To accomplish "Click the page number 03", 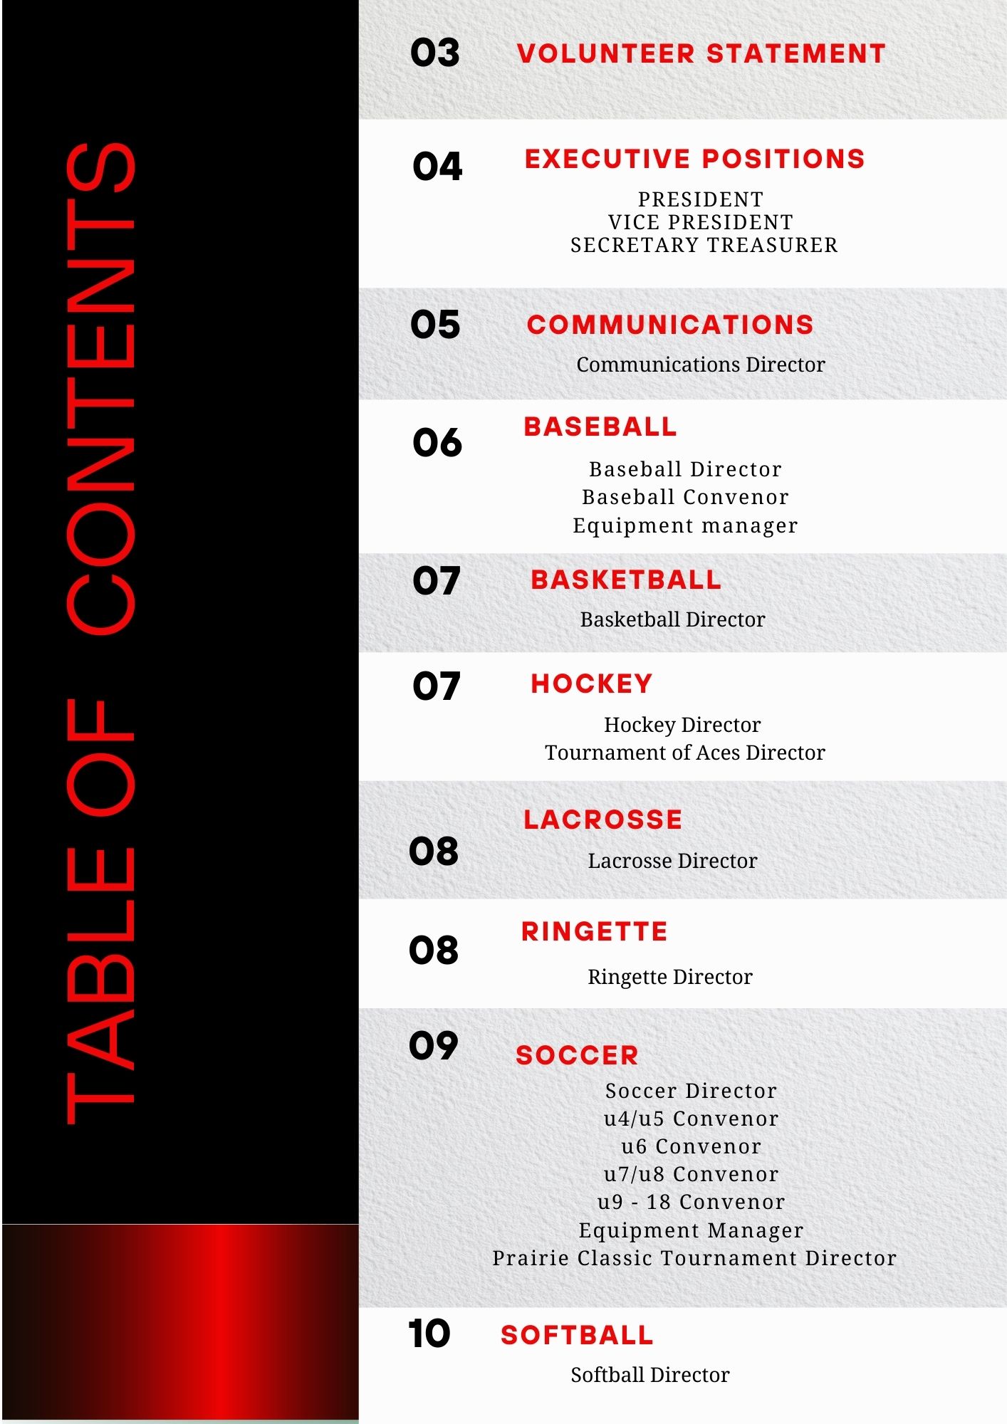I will (434, 53).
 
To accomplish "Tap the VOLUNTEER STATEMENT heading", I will (701, 54).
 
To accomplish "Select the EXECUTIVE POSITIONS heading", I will (694, 159).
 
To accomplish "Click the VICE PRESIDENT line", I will (700, 222).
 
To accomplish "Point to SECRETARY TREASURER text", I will (704, 245).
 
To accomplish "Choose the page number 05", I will (435, 325).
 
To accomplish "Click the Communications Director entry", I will (700, 365).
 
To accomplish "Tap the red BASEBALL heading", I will (600, 426).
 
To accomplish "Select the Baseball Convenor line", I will (685, 497).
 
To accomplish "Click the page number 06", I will (437, 443).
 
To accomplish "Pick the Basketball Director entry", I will (672, 619).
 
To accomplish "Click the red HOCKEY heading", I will (591, 684).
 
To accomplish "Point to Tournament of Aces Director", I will (684, 753).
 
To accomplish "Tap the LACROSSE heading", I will (602, 820).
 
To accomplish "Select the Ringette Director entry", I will (669, 977).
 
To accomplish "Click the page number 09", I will (433, 1045).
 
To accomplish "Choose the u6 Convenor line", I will (691, 1146).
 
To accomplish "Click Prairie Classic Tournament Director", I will (694, 1258).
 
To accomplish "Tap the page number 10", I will (429, 1334).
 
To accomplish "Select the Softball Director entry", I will (649, 1375).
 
